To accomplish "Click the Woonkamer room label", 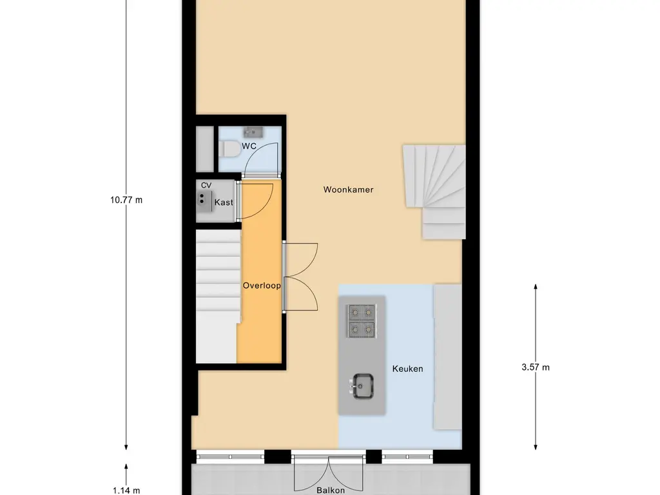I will (348, 189).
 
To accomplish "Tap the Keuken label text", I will (407, 369).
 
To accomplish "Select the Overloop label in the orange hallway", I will (261, 285).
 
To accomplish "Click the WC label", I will (249, 146).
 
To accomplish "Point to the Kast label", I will (224, 202).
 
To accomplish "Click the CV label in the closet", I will (206, 186).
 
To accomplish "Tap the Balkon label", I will (329, 489).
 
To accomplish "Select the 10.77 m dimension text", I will (126, 200).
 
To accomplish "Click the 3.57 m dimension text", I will (536, 367).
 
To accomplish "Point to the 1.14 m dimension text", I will (126, 490).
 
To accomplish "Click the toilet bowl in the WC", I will (229, 149).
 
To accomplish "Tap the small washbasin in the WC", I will (252, 132).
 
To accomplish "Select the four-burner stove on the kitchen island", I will (362, 321).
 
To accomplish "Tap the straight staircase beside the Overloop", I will (217, 296).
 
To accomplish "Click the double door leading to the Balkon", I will (329, 474).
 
